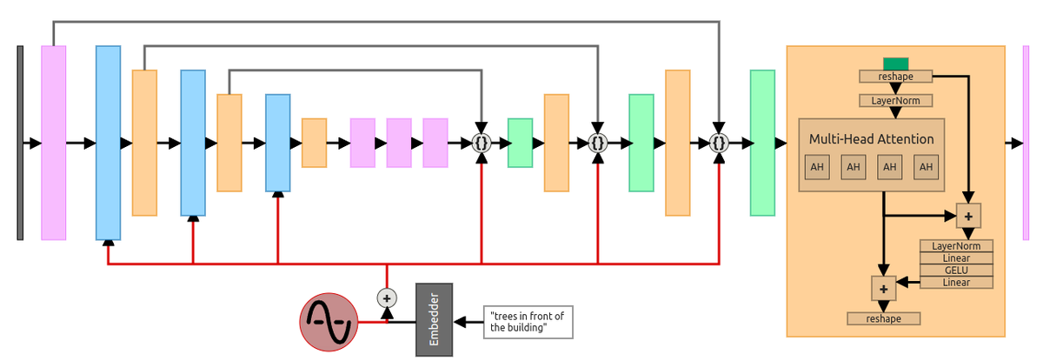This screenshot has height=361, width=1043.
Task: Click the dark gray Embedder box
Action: pyautogui.click(x=434, y=318)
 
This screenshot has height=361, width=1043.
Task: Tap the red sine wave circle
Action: pyautogui.click(x=329, y=322)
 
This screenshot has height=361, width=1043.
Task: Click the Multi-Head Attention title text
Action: pyautogui.click(x=871, y=139)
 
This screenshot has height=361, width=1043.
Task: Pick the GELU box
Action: pyautogui.click(x=956, y=271)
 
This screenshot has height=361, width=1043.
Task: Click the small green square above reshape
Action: pyautogui.click(x=895, y=64)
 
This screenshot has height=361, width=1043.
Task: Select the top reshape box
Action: pyautogui.click(x=895, y=76)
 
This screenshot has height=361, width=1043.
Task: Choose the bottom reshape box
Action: pyautogui.click(x=883, y=318)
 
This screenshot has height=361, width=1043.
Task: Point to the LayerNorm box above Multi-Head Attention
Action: pyautogui.click(x=895, y=100)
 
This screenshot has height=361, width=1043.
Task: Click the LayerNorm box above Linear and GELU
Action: pyautogui.click(x=956, y=246)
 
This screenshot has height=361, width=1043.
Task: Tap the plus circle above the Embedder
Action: pyautogui.click(x=386, y=297)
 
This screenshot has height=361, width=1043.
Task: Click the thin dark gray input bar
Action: pyautogui.click(x=20, y=143)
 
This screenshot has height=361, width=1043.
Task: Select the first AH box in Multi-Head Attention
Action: pyautogui.click(x=817, y=167)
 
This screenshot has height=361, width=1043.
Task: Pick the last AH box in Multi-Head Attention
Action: pyautogui.click(x=926, y=167)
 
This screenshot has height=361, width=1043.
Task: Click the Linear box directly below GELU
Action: pyautogui.click(x=956, y=283)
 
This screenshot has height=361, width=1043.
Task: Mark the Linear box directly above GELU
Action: pyautogui.click(x=956, y=258)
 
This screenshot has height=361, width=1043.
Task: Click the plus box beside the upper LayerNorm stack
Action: pyautogui.click(x=968, y=215)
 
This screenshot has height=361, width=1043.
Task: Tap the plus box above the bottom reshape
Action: pyautogui.click(x=883, y=288)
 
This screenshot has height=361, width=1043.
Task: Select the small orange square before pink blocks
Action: pyautogui.click(x=314, y=143)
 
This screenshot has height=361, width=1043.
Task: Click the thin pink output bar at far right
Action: pyautogui.click(x=1026, y=143)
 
